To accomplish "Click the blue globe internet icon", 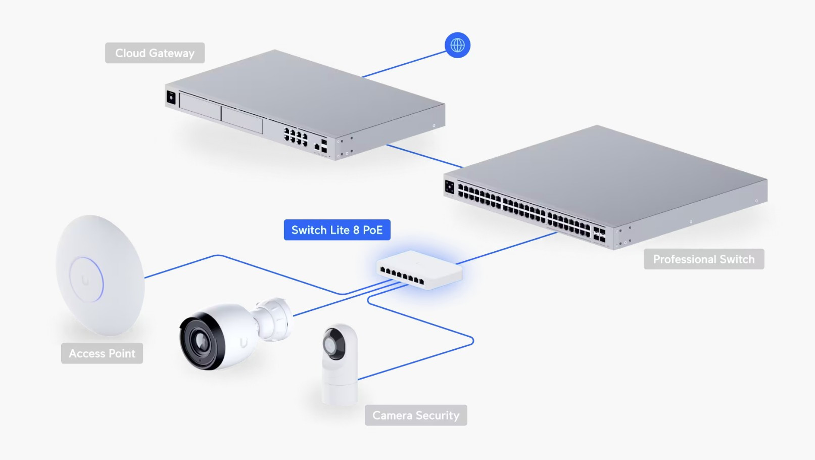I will click(457, 45).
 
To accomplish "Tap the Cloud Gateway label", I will click(155, 53).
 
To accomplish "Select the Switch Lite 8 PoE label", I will click(337, 230).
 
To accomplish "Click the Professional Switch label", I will click(703, 259).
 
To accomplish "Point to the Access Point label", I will click(102, 353).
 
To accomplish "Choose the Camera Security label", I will click(416, 416).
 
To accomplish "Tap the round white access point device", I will click(100, 275).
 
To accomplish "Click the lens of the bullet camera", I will click(201, 341).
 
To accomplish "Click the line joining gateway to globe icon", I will click(404, 64).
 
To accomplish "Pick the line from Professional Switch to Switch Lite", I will click(505, 248).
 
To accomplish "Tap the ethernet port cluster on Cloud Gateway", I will click(296, 136).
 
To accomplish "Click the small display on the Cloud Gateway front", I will click(171, 97).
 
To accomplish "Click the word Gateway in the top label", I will click(172, 53).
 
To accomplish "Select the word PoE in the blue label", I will click(373, 230).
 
